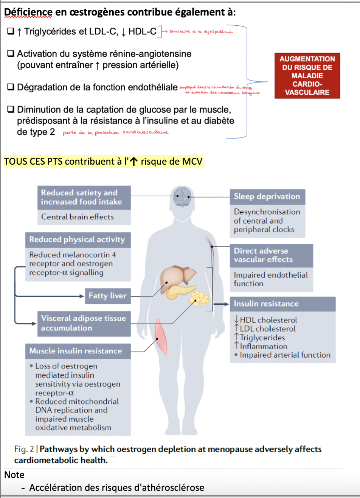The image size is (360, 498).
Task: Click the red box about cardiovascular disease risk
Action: point(307,76)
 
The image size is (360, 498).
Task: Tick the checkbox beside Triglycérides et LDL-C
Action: point(11,32)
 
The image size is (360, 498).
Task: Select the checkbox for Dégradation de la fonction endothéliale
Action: point(11,87)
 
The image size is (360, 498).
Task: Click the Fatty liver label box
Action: point(107,296)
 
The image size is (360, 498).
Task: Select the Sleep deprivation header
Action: point(267,197)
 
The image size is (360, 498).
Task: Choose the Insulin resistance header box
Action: point(282,303)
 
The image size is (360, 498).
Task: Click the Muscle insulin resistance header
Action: point(79,351)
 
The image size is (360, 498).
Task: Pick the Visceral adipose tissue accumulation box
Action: point(84,323)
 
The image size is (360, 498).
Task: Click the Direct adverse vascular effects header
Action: point(271,255)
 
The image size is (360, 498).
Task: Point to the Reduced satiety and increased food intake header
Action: point(84,197)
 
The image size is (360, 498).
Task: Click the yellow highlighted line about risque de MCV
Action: point(103,162)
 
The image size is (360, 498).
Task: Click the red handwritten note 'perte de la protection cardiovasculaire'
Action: point(115,132)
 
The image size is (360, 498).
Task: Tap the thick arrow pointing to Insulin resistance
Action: point(221,304)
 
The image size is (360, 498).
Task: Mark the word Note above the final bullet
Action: point(14,475)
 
